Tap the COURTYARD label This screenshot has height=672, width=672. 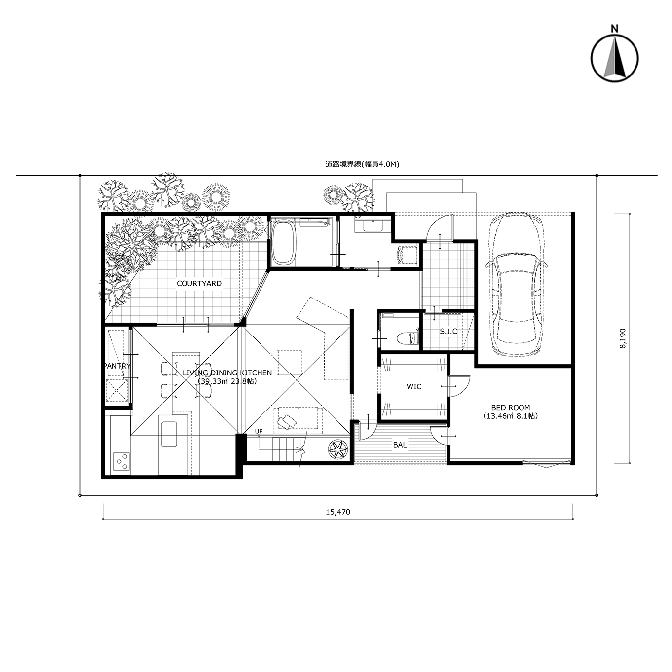point(199,284)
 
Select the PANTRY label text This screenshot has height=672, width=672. point(117,366)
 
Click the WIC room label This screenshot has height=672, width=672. point(414,386)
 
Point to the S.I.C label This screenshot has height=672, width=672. point(448,331)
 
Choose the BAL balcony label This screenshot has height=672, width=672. point(400,445)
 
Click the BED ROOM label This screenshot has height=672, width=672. point(511,408)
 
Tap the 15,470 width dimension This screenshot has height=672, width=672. point(338,512)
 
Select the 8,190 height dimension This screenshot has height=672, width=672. point(623,338)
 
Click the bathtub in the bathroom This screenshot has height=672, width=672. point(284,243)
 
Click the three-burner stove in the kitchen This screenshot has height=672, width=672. point(121,462)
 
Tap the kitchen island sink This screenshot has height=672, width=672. point(168,434)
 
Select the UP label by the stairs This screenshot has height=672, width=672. point(259,431)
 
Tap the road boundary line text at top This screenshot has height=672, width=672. point(362,164)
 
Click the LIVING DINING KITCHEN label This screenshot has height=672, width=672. point(227,373)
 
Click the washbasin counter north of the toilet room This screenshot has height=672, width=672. point(373,224)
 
